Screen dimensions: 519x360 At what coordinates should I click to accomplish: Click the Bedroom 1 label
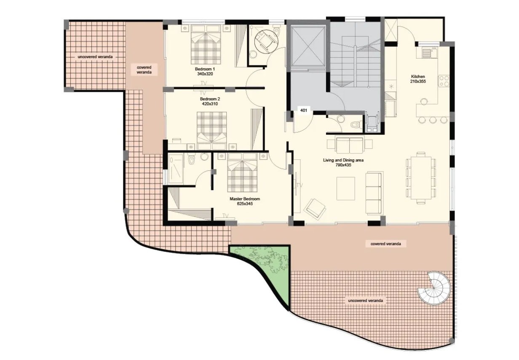(x=205, y=69)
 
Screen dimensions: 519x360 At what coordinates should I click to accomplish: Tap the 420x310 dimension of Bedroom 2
(x=210, y=104)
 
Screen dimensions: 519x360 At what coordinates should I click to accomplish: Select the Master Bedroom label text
(x=245, y=199)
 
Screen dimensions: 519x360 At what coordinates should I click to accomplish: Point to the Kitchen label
(x=418, y=76)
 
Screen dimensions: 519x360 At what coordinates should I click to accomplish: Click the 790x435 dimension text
(x=343, y=165)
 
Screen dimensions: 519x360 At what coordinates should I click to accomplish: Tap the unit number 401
(x=303, y=110)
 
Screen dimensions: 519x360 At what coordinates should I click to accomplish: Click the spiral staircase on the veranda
(x=434, y=288)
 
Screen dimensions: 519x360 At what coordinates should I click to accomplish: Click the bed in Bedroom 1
(x=206, y=45)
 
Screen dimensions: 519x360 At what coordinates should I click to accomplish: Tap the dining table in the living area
(x=421, y=178)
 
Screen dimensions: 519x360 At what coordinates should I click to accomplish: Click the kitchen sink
(x=426, y=53)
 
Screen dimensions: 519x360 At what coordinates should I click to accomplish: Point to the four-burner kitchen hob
(x=444, y=81)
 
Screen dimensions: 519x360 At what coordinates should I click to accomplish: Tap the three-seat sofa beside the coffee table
(x=374, y=193)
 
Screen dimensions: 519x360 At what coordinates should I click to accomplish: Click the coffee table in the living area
(x=346, y=188)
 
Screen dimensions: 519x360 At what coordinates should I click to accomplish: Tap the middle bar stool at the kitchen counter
(x=433, y=120)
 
